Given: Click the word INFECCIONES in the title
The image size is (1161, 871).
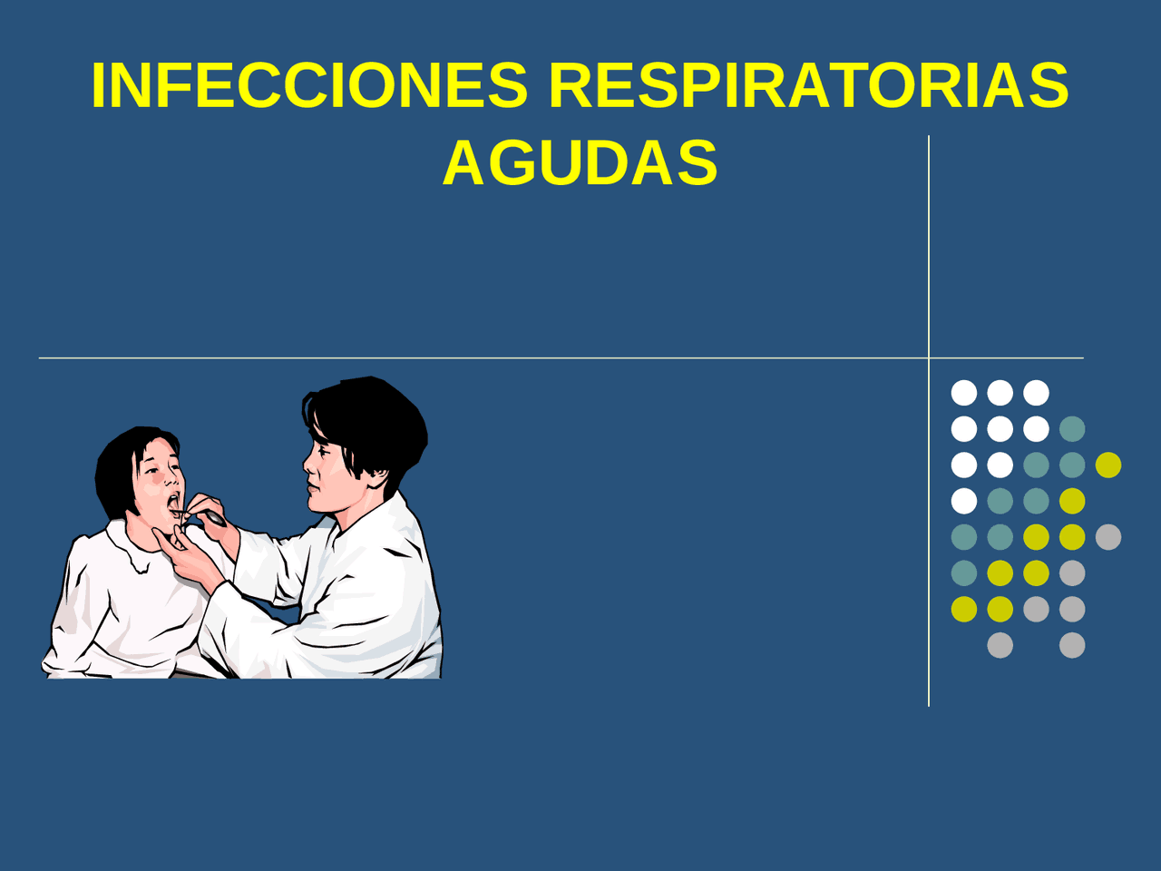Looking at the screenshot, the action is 310,85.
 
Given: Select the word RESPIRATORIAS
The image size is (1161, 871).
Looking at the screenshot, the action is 809,85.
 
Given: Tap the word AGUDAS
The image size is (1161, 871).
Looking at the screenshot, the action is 580,162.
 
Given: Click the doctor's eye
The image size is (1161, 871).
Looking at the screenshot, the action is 323,453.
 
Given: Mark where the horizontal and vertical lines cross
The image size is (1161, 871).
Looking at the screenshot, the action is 929,358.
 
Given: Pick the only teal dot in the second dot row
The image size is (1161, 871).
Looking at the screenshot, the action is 1072,429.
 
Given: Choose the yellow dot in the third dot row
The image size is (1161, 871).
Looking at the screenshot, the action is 1108,465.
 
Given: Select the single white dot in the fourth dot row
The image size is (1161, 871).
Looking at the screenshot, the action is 964,501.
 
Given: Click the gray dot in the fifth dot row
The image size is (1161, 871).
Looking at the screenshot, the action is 1108,537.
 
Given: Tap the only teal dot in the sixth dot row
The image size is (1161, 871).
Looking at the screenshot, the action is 964,573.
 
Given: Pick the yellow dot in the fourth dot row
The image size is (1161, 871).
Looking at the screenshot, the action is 1072,501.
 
